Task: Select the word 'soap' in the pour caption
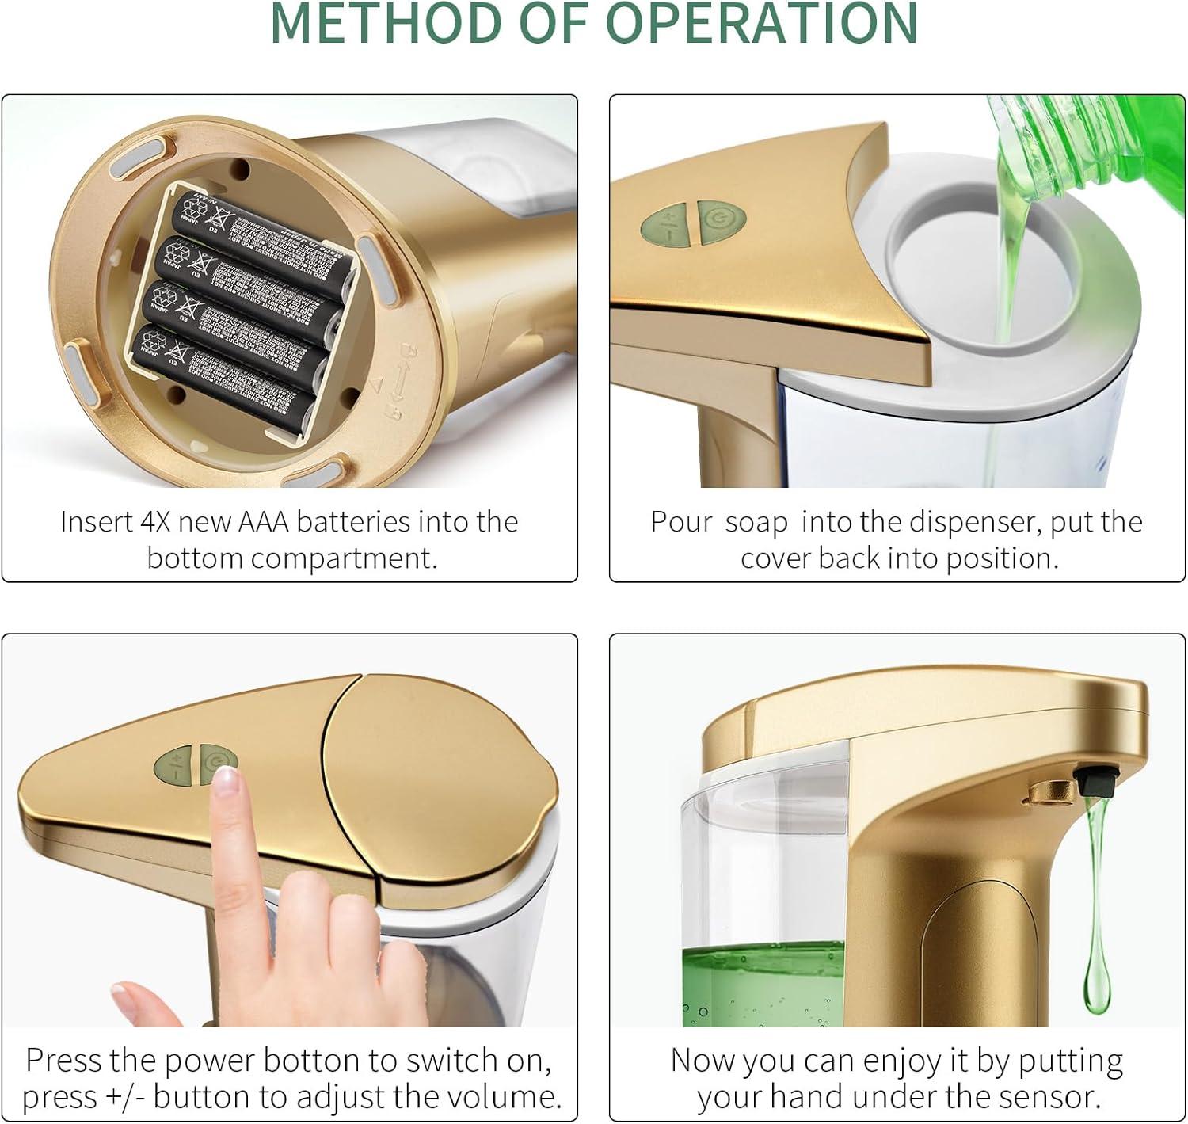[756, 523]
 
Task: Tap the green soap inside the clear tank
[760, 982]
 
